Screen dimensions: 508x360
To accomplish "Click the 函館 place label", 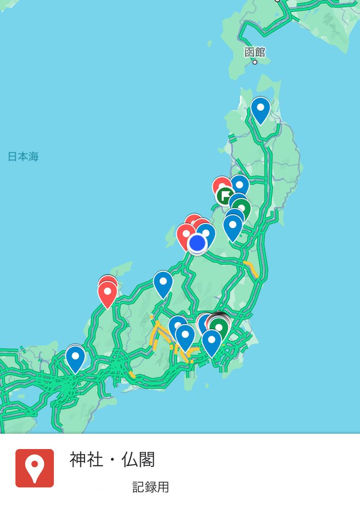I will (255, 52).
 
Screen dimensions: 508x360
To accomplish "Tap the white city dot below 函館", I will (255, 62).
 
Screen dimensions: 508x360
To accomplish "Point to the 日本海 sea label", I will (23, 156).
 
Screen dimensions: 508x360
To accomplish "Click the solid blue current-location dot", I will (197, 244).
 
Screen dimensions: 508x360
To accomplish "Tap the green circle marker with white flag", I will (224, 195).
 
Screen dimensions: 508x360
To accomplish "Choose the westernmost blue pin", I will (75, 358).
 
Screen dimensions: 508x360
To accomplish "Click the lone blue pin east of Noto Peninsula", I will (163, 283).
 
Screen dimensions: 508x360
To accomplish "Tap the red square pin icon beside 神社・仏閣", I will (35, 468).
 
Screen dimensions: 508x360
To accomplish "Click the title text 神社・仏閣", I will (112, 460).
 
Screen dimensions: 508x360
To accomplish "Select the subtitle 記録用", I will (151, 488).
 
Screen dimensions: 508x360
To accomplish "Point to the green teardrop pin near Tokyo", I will (219, 327).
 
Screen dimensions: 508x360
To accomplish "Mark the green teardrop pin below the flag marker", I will (241, 209).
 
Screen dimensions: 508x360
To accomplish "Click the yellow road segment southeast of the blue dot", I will (251, 268).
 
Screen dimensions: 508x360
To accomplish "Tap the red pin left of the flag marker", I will (221, 186).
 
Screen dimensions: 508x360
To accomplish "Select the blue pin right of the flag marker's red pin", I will (240, 185).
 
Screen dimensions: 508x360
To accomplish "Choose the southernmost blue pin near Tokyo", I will (212, 341).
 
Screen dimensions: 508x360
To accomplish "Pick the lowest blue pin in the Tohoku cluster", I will (233, 227).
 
